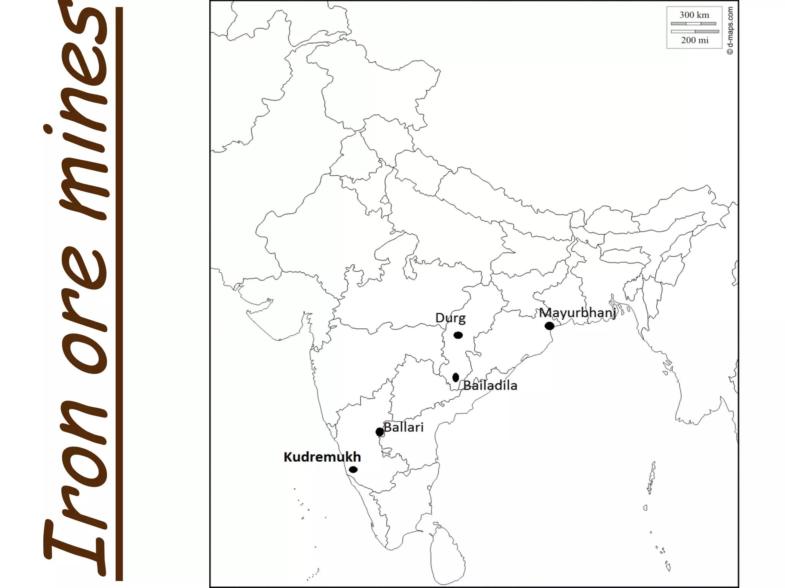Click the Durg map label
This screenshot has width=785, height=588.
[450, 318]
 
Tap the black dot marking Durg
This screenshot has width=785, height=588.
[458, 335]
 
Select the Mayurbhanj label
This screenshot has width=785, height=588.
[577, 313]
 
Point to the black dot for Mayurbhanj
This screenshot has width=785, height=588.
[549, 326]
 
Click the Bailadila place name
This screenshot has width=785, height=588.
[490, 385]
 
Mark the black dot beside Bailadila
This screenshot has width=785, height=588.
[456, 377]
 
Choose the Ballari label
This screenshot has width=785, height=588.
[404, 427]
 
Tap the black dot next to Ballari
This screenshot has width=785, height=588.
[379, 432]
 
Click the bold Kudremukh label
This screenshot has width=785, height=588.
[322, 457]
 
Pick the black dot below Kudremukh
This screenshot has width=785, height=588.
[353, 469]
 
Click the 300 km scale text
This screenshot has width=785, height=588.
[694, 15]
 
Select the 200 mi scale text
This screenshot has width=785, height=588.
[695, 40]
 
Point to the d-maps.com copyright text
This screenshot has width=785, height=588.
[730, 31]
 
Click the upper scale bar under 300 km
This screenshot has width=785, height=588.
[693, 24]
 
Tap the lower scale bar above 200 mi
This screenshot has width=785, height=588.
[695, 31]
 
